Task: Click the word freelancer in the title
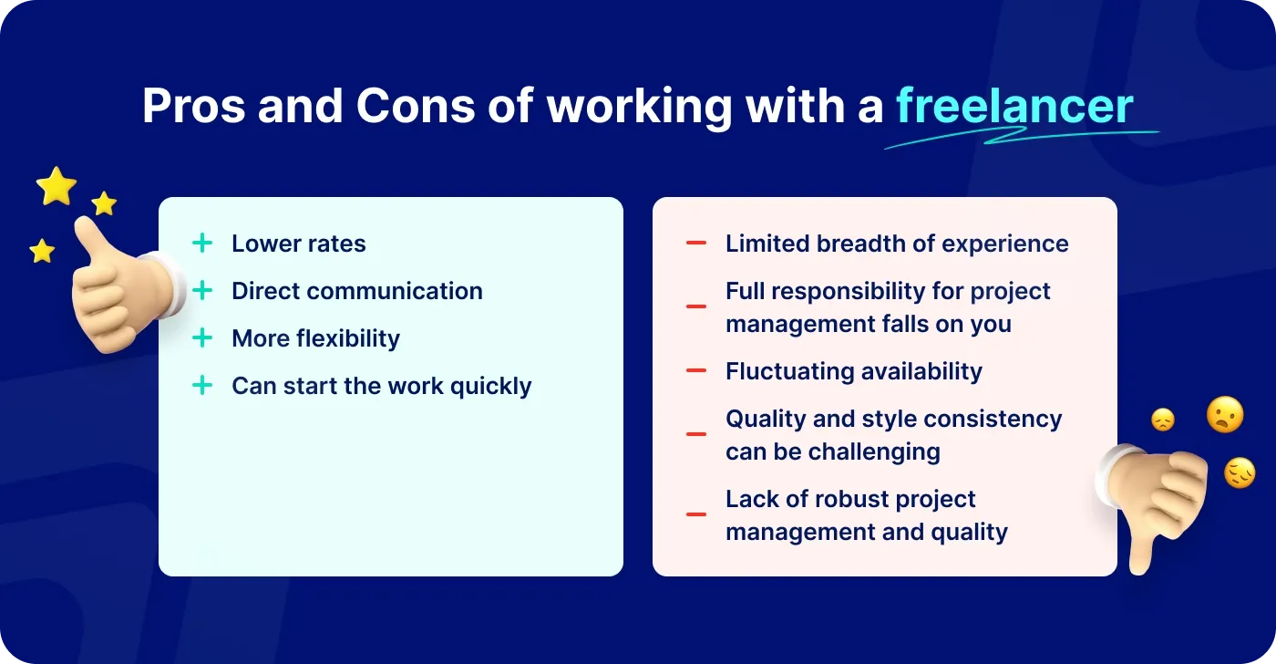coord(1014,107)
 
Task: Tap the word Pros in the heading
coord(192,107)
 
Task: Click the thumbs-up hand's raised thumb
coord(91,239)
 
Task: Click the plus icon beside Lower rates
coord(202,244)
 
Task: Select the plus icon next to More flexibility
coord(202,338)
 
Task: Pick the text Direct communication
coord(357,291)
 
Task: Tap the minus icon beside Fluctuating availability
coord(696,371)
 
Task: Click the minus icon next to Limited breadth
coord(696,244)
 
